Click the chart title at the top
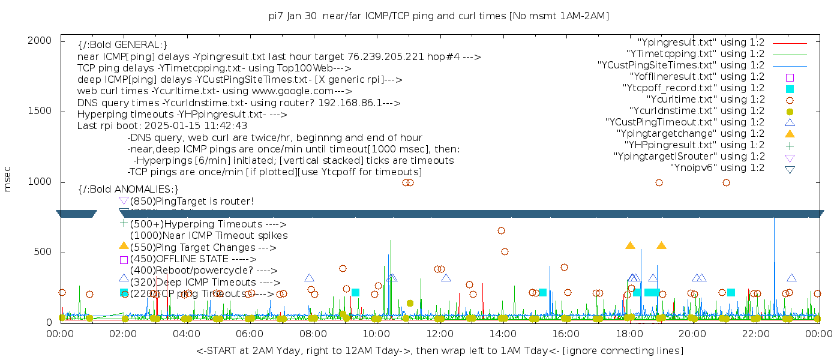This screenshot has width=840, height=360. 439,16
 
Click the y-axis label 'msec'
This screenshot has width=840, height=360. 8,179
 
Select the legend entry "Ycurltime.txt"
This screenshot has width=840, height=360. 706,100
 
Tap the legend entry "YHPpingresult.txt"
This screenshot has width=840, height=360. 694,145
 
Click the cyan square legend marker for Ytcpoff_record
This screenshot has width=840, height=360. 790,89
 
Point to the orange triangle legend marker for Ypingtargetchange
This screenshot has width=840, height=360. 790,134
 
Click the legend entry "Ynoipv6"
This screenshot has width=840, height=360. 717,168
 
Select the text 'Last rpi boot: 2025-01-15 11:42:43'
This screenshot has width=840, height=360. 162,126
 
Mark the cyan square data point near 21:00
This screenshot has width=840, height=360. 731,293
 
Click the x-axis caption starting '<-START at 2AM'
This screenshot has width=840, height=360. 439,350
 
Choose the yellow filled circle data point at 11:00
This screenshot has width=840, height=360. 410,304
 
